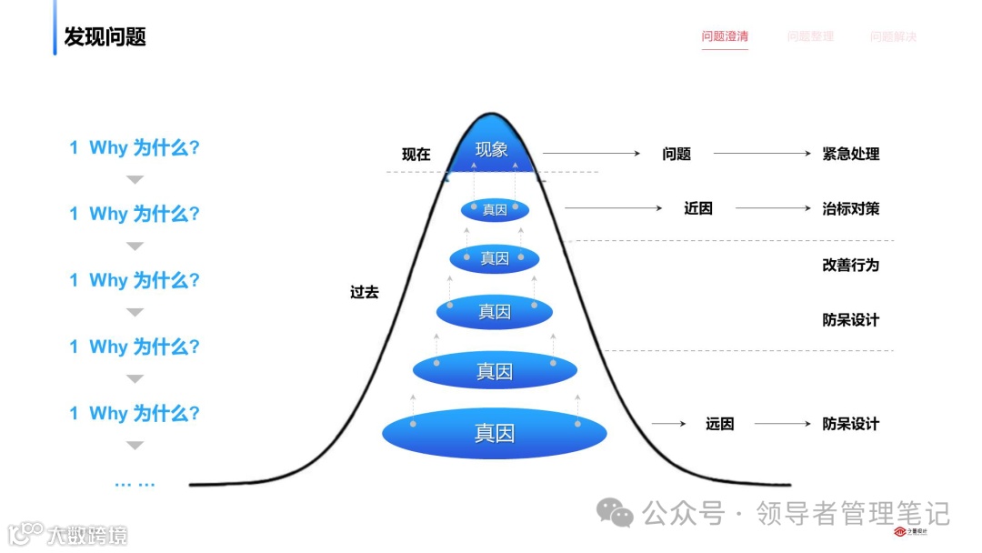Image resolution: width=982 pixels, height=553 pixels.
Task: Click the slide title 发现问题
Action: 105,36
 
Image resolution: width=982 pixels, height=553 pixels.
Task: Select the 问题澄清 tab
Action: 725,36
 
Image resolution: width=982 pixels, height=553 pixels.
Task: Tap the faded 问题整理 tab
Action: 810,36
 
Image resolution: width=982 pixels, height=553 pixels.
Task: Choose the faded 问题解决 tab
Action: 893,36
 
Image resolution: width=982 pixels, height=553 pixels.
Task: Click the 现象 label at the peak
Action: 491,149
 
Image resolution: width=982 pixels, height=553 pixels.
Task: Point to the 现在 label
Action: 416,155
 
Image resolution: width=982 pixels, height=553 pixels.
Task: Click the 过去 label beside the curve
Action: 365,293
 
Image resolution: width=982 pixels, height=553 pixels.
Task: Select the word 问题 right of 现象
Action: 676,155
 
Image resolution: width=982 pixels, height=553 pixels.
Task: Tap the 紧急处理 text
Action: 850,155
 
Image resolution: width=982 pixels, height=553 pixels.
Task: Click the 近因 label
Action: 698,208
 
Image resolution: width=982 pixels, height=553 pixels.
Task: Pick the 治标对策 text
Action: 850,208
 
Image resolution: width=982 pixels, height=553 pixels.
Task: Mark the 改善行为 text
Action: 850,265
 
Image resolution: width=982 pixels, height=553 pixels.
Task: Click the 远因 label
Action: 719,424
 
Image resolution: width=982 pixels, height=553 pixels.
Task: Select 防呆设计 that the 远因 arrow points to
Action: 850,424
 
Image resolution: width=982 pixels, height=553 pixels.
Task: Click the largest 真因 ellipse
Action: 494,433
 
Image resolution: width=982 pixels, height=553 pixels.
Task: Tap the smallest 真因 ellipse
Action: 495,209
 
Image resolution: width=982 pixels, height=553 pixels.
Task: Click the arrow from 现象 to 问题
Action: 591,154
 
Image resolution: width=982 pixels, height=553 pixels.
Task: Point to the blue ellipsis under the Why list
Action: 135,484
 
